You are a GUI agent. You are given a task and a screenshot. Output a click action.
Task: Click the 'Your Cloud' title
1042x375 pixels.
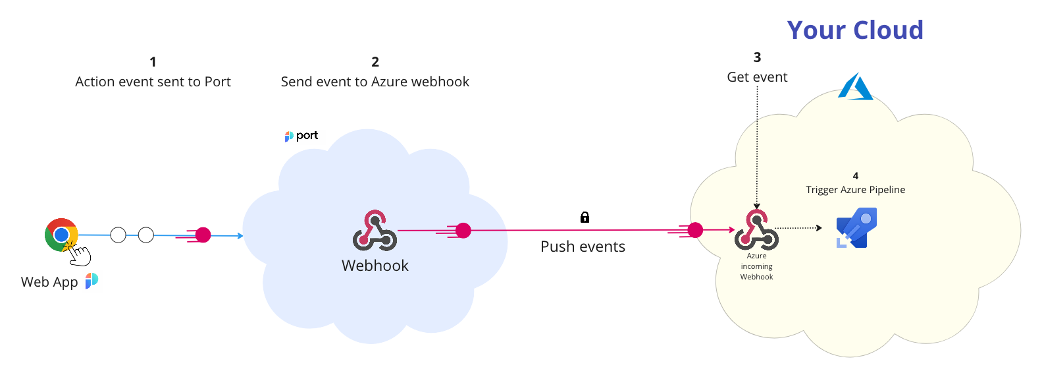click(x=855, y=30)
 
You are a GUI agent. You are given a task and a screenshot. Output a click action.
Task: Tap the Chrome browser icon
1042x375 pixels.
click(x=61, y=235)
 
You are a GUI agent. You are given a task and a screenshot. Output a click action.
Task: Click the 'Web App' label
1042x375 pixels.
click(x=49, y=282)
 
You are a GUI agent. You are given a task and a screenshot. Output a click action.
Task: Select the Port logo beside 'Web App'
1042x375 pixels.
click(x=91, y=281)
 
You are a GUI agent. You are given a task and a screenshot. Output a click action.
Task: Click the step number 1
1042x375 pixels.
click(x=153, y=62)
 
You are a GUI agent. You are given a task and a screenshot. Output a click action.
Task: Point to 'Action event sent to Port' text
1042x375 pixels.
click(x=153, y=82)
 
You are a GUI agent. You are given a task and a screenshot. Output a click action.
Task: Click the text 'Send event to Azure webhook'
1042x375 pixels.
click(x=375, y=82)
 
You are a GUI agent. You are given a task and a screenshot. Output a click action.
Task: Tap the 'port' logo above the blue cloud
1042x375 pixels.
click(x=301, y=136)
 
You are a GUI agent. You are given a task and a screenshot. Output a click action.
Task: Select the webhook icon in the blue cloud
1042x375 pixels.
click(x=375, y=231)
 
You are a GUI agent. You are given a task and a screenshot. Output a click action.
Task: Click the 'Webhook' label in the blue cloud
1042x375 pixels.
click(x=375, y=266)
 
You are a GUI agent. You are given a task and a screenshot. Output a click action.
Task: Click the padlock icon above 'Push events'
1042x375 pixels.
click(x=585, y=217)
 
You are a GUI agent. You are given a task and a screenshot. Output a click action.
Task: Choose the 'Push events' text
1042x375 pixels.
click(x=583, y=246)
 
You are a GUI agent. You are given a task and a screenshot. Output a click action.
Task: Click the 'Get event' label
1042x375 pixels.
click(x=757, y=77)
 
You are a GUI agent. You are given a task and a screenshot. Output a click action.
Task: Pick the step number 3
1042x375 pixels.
click(x=757, y=57)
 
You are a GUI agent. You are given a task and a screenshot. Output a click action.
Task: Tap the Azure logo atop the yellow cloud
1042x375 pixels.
click(x=855, y=87)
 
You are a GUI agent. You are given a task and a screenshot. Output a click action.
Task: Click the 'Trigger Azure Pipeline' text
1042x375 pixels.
click(x=855, y=190)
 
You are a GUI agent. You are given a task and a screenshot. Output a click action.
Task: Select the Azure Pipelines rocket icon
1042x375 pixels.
click(x=856, y=228)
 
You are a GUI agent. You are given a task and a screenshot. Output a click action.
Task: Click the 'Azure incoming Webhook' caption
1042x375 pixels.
click(x=756, y=266)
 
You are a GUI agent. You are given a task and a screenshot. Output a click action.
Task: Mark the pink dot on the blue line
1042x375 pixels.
click(x=203, y=235)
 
